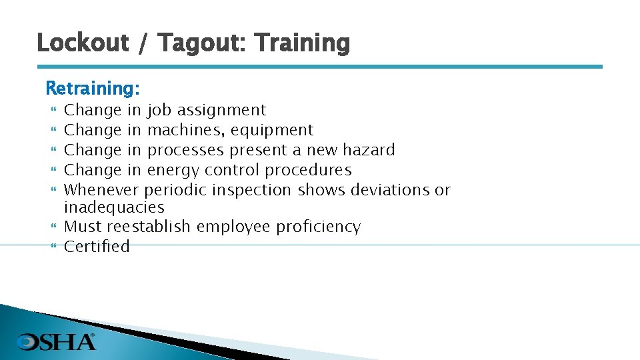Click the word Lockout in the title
click(82, 43)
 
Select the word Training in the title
click(302, 43)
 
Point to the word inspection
click(252, 190)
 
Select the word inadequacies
click(114, 207)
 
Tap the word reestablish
click(148, 227)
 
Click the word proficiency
click(318, 227)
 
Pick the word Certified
click(97, 247)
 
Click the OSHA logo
click(57, 342)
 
